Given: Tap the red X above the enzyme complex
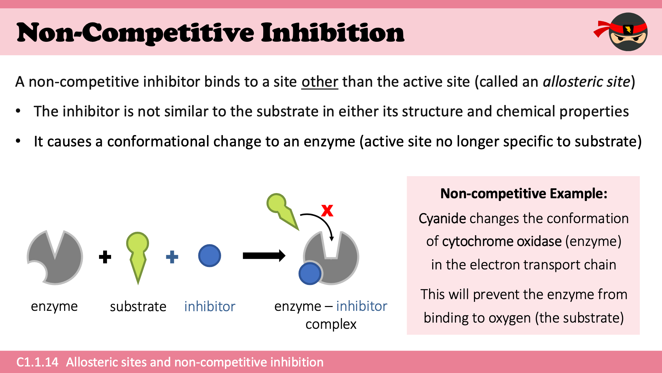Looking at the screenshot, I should pyautogui.click(x=327, y=210).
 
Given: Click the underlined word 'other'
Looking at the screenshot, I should pyautogui.click(x=319, y=82).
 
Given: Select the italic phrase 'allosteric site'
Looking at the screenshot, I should pyautogui.click(x=586, y=82).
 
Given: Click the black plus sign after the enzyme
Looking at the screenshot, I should pyautogui.click(x=105, y=257).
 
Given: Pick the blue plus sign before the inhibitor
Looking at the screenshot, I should pyautogui.click(x=172, y=257).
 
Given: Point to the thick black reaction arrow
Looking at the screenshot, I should pyautogui.click(x=264, y=256).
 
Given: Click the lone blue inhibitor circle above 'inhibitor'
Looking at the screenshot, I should pyautogui.click(x=209, y=256).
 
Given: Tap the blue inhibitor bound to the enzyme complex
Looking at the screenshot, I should pyautogui.click(x=310, y=274).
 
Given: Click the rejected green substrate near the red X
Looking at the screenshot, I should pyautogui.click(x=281, y=209).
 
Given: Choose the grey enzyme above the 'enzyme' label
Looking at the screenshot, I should pyautogui.click(x=57, y=259).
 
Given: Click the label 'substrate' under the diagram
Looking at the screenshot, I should pyautogui.click(x=138, y=306).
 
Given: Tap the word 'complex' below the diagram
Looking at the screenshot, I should pyautogui.click(x=331, y=324).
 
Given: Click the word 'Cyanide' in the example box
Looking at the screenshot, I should pyautogui.click(x=442, y=219).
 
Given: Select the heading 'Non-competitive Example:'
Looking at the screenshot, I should pyautogui.click(x=524, y=193).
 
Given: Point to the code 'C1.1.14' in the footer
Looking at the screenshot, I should pyautogui.click(x=37, y=362).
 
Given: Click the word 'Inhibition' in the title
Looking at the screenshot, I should pyautogui.click(x=332, y=33).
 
